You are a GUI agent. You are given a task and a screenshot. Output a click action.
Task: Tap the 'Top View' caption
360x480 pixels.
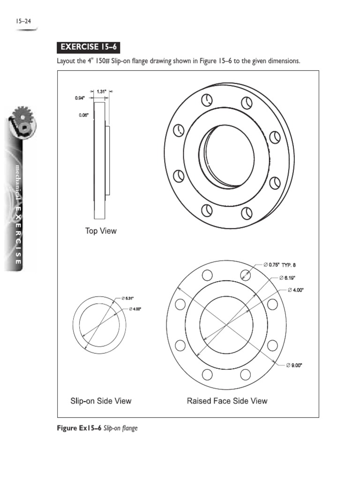(101, 231)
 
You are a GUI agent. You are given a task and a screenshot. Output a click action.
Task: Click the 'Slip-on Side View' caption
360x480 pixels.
(101, 401)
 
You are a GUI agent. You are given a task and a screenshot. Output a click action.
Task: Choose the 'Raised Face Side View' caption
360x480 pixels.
(227, 401)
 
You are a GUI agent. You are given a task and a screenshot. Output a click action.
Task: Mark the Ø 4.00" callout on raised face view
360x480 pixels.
(296, 290)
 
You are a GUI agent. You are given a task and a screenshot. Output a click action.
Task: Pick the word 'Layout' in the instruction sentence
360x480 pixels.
(67, 62)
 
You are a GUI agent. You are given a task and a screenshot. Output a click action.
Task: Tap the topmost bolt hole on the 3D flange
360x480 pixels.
(206, 100)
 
